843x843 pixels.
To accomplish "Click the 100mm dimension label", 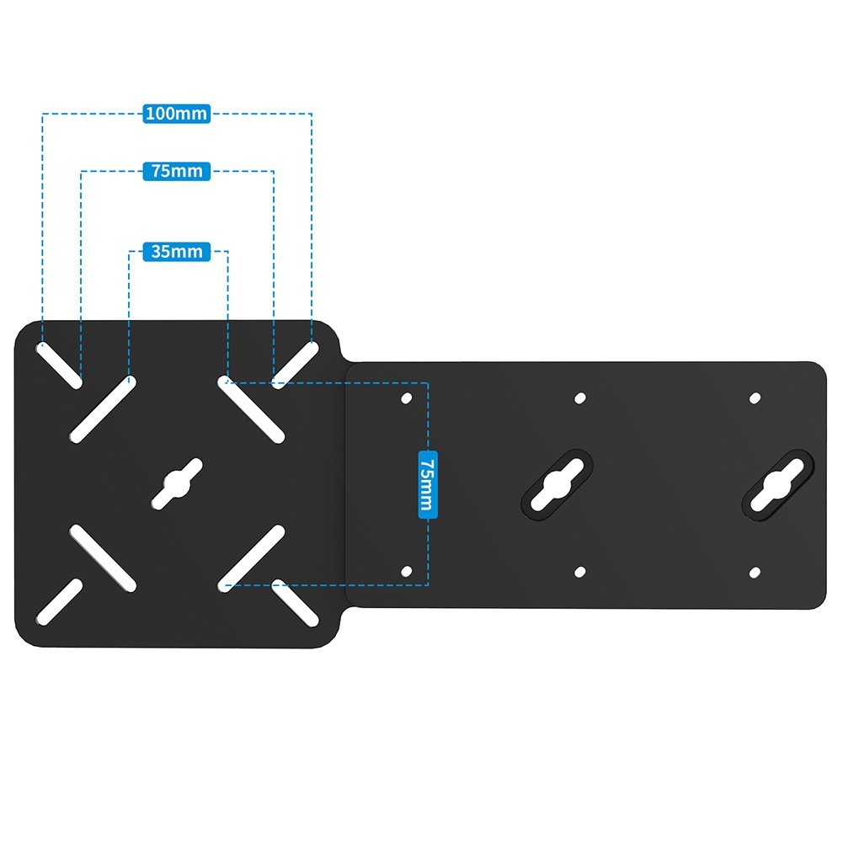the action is (x=176, y=114).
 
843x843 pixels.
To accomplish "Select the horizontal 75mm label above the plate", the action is (x=176, y=171).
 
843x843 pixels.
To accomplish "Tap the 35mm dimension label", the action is (x=176, y=251).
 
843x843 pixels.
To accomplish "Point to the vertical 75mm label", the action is (x=428, y=484).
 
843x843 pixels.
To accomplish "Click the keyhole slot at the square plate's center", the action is (x=177, y=484).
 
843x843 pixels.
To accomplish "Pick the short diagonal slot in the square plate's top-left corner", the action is (x=59, y=365).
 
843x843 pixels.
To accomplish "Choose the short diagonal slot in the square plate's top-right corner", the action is (x=295, y=365).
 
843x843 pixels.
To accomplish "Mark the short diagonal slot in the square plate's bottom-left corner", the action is (x=59, y=602).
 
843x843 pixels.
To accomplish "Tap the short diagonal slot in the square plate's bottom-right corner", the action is (x=295, y=602).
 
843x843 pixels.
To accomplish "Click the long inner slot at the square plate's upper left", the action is (x=103, y=409).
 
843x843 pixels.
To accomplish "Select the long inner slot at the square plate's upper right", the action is (x=251, y=409).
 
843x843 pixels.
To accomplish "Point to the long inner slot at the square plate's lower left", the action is (x=103, y=558).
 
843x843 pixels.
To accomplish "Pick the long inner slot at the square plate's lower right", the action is (x=251, y=558).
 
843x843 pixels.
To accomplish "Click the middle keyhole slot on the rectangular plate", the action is (x=558, y=484).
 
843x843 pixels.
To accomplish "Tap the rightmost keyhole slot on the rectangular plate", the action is (x=777, y=484).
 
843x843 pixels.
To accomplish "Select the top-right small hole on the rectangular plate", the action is (x=755, y=398).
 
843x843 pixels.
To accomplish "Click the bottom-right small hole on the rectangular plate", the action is (x=755, y=573).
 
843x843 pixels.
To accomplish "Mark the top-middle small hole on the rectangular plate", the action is (x=580, y=398).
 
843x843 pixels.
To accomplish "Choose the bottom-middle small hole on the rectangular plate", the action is (x=580, y=572).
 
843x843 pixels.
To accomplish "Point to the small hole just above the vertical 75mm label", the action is (x=407, y=398).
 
